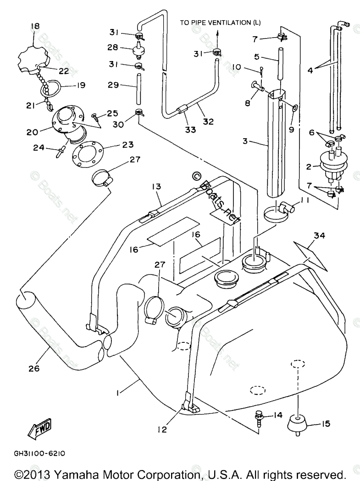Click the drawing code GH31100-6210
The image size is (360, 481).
(x=39, y=453)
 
